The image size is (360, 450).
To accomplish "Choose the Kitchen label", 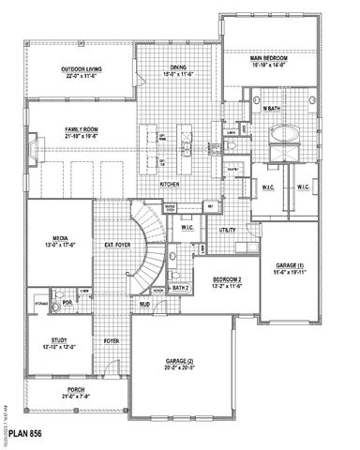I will (170, 184).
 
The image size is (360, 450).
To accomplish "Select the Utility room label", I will (228, 230).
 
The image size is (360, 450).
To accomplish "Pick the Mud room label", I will (145, 306).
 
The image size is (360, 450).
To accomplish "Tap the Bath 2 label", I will (181, 289).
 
